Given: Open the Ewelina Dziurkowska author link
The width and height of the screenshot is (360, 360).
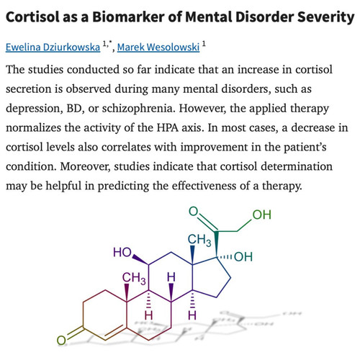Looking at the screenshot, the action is [x=53, y=47].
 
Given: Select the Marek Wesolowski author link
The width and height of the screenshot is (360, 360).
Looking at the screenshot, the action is [x=158, y=47].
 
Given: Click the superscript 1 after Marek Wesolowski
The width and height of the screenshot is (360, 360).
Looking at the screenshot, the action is [x=204, y=44].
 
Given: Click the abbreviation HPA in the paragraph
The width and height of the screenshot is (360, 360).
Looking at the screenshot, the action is [x=168, y=127].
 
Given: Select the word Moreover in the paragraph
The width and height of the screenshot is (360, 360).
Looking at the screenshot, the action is [x=85, y=166].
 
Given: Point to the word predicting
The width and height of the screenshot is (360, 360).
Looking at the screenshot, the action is [x=123, y=186].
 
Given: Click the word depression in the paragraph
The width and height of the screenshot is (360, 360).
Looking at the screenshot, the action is [x=32, y=109].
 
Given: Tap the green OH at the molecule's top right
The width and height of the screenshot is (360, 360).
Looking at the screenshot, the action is [x=262, y=215].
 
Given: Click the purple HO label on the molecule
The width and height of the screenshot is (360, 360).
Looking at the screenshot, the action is [x=122, y=253].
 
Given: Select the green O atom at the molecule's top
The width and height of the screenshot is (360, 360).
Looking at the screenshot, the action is [x=194, y=212].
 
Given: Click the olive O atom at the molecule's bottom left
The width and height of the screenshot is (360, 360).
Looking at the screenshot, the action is [x=61, y=341].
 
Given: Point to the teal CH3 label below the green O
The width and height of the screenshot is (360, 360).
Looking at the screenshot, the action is [x=199, y=240].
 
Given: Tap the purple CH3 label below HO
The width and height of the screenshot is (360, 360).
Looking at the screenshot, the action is [x=134, y=278].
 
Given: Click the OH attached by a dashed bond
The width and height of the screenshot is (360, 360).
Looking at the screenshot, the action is [x=243, y=257].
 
